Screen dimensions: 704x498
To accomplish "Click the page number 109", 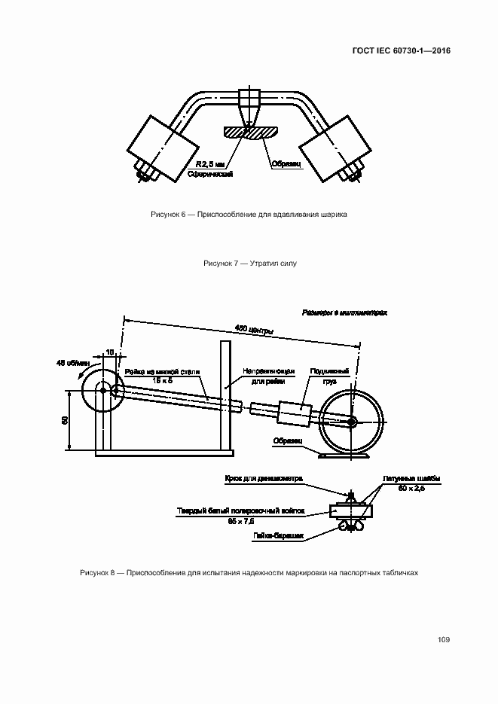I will pyautogui.click(x=443, y=640).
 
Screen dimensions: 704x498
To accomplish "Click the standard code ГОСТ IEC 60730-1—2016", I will pyautogui.click(x=402, y=52).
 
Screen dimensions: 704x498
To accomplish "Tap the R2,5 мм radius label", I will pyautogui.click(x=209, y=163).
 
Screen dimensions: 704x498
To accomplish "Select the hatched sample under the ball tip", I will pyautogui.click(x=251, y=133).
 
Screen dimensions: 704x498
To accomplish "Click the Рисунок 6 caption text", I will pyautogui.click(x=249, y=215).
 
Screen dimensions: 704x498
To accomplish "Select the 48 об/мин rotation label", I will pyautogui.click(x=73, y=363).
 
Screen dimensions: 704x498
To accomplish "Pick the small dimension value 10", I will pyautogui.click(x=109, y=352).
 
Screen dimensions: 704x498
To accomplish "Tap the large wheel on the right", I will pyautogui.click(x=351, y=422).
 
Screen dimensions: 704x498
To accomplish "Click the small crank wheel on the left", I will pyautogui.click(x=102, y=391).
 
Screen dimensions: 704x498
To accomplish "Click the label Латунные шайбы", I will pyautogui.click(x=411, y=479).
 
